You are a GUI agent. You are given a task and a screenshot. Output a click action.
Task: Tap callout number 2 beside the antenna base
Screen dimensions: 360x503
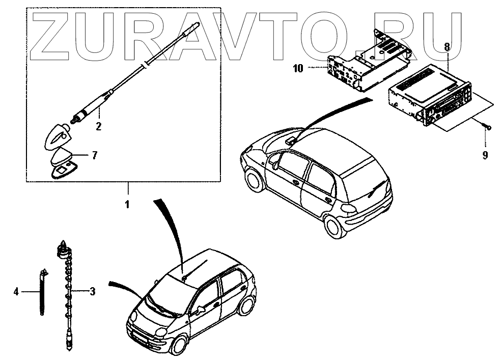click(x=99, y=125)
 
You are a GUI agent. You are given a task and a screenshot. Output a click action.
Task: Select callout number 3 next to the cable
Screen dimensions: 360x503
click(x=92, y=292)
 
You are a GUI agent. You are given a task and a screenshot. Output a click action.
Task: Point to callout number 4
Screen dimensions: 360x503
click(x=16, y=292)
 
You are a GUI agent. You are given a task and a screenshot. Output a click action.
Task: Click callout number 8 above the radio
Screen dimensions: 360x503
click(x=446, y=46)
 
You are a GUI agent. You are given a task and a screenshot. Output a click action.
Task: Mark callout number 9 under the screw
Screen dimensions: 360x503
click(x=485, y=155)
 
